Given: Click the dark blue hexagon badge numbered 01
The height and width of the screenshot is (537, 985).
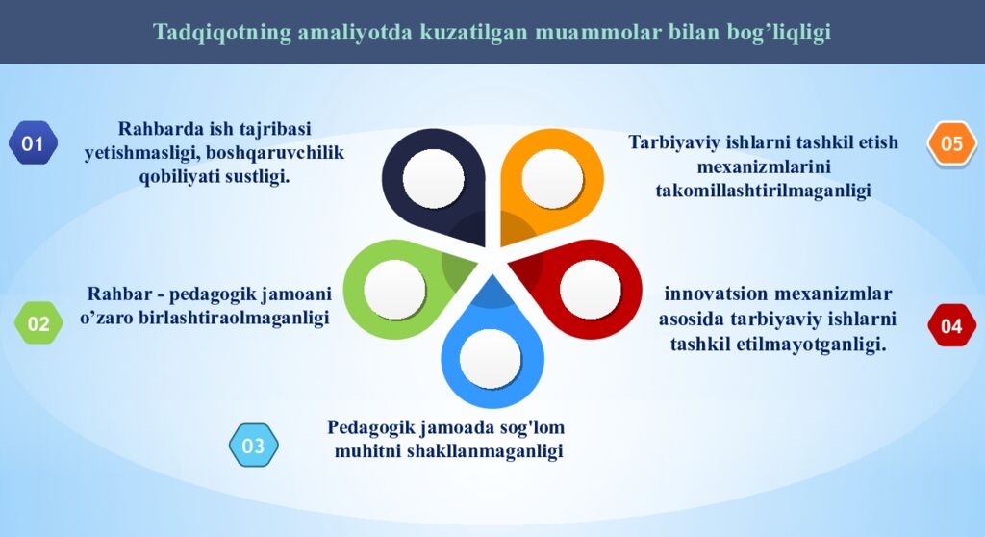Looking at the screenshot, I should click(33, 143).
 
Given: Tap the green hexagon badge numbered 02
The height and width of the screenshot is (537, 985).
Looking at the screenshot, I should click(38, 323).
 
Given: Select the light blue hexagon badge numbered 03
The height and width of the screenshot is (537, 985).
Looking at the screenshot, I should click(253, 446).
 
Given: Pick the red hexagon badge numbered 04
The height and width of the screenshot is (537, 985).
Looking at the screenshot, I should click(950, 325).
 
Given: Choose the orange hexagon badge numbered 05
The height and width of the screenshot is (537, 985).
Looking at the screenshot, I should click(951, 143).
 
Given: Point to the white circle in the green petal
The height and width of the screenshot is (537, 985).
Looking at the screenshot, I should click(394, 289).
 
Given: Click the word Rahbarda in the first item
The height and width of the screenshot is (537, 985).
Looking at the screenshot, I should click(159, 129).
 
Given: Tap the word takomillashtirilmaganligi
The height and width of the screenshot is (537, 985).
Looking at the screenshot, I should click(763, 191).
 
